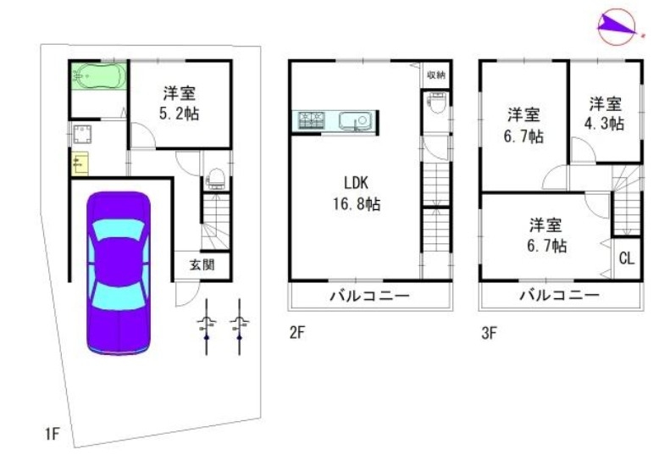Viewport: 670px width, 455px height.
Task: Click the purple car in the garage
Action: pos(119,274)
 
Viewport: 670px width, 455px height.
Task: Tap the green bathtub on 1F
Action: pos(99,76)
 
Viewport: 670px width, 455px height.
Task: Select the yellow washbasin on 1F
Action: pos(80,164)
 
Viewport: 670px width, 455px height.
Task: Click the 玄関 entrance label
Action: pos(202,265)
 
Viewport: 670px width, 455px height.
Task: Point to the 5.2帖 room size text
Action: pos(179,114)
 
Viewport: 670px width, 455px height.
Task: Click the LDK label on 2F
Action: pos(356,183)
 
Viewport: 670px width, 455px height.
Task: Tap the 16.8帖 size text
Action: pos(357,204)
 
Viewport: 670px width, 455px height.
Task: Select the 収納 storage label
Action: pos(436,75)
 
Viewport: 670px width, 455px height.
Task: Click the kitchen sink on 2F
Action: pos(354,120)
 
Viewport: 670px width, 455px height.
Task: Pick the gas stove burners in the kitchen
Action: pos(311,119)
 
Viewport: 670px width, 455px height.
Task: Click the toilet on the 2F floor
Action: pos(437,103)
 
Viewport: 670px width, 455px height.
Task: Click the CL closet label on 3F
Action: pos(627,258)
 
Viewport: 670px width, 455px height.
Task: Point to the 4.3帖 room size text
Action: pos(604,123)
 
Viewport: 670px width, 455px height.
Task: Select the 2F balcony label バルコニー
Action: pos(370,296)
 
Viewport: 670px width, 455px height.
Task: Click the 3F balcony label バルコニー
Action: pos(560,295)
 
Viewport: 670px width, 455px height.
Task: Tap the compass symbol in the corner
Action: pos(617,26)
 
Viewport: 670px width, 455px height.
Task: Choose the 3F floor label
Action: pos(489,333)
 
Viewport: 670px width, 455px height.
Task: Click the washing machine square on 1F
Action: pos(81,134)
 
